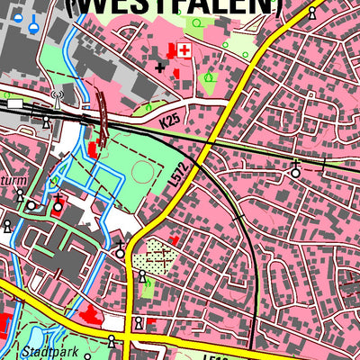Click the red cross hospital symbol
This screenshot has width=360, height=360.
(x=184, y=50)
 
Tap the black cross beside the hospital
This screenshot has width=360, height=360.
(x=161, y=66)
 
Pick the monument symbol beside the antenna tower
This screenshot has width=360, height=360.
(x=46, y=120)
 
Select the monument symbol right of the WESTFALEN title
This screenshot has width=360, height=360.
(x=312, y=13)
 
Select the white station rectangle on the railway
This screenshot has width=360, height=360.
(x=14, y=104)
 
